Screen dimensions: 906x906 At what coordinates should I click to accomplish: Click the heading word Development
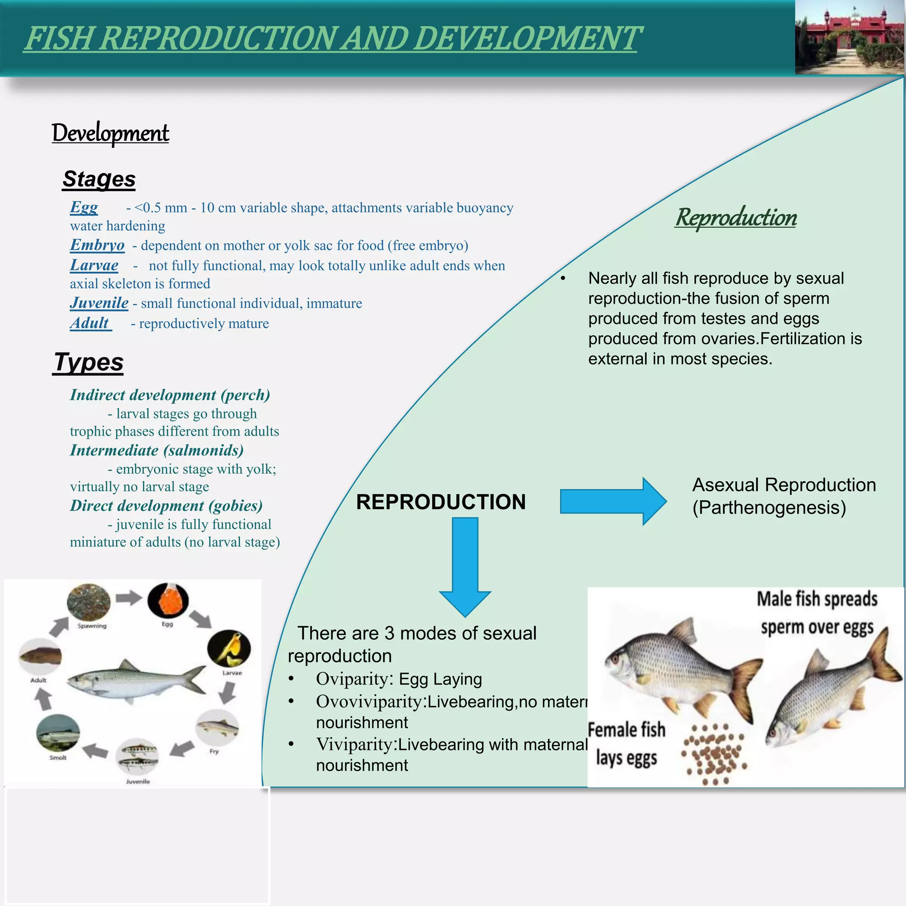point(110,133)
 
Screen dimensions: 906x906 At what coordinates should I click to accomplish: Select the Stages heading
point(99,179)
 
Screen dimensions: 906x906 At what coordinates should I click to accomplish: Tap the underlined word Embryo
point(97,245)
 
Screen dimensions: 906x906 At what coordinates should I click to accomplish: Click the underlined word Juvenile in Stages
point(99,303)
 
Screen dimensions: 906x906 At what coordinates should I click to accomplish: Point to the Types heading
point(88,362)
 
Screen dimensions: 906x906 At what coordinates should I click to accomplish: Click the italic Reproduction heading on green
point(736,218)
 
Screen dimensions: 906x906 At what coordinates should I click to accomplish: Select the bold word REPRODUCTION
point(441,502)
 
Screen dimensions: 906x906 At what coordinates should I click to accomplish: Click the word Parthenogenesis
point(769,508)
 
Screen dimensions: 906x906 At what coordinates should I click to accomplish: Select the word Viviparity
point(355,744)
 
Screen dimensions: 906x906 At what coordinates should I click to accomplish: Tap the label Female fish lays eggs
point(626,744)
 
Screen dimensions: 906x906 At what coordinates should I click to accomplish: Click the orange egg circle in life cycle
point(168,601)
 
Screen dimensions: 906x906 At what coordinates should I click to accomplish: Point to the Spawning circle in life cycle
point(88,603)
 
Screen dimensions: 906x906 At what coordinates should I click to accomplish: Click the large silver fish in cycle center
point(136,680)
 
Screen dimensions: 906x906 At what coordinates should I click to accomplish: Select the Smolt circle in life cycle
point(58,733)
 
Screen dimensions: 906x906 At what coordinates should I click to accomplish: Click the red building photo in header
point(850,38)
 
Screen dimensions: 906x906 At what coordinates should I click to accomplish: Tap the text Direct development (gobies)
point(166,506)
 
